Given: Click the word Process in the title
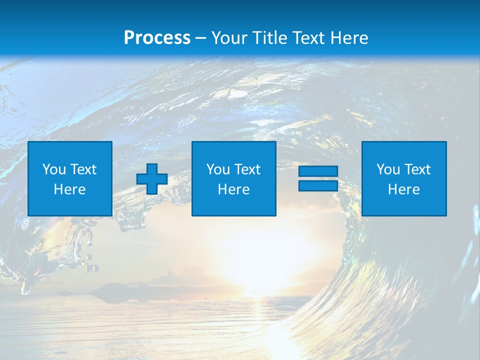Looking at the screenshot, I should pos(157,38).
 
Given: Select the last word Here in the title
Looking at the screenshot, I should pos(349,38).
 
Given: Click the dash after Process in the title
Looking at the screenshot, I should pos(200,38).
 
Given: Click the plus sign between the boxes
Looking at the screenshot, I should pos(152,179).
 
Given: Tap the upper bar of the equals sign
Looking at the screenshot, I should pos(318,171).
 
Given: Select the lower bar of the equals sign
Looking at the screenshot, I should pos(318,186).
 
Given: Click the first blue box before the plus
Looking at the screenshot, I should pos(70,179).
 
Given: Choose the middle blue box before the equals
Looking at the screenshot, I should pos(234,179).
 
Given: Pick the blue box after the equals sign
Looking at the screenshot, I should pos(404,179).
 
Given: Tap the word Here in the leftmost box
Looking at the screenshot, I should pos(70,189).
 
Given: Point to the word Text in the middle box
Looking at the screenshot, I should pos(247,169).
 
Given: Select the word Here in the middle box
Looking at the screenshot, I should pos(234,189).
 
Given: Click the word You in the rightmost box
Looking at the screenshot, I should pos(388,169).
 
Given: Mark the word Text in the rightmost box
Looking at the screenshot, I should pos(417,169).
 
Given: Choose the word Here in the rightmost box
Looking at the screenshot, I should pos(404,189).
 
